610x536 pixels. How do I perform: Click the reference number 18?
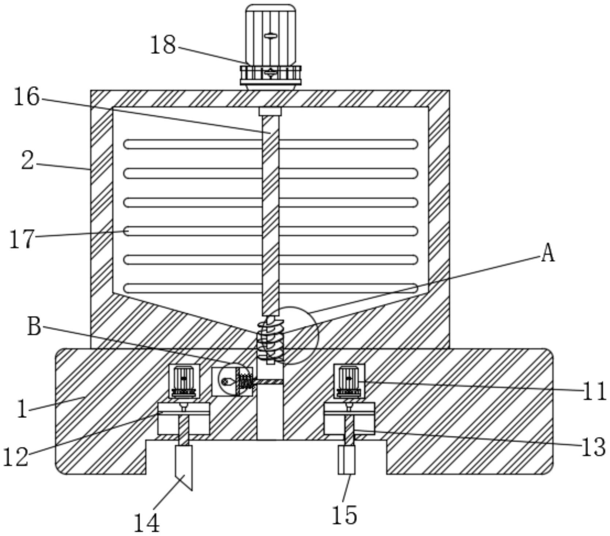(163, 45)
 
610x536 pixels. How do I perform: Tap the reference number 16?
(26, 97)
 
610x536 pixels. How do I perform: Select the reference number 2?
(27, 161)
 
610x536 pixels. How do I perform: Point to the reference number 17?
(22, 239)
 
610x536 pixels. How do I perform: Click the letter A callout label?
(547, 253)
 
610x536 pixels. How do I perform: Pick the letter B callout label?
(34, 326)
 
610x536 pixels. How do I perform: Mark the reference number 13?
(594, 447)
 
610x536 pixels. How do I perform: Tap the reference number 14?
(147, 523)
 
